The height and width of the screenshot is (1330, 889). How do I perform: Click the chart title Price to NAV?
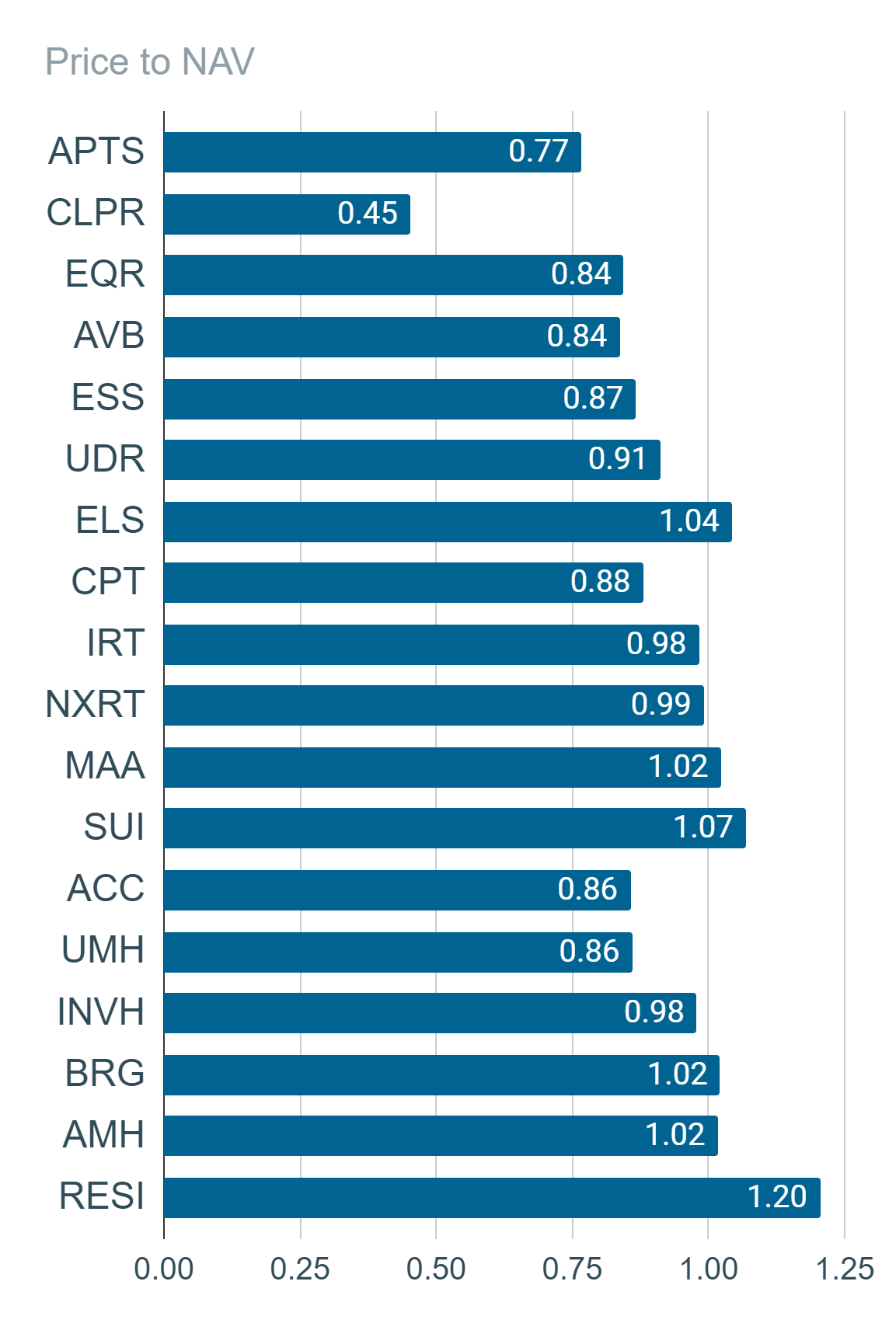(x=150, y=61)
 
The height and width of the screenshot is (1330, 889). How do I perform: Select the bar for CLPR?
(x=287, y=214)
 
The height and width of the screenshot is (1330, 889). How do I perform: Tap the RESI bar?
(x=493, y=1198)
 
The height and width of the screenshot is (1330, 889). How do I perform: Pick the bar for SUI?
(x=455, y=828)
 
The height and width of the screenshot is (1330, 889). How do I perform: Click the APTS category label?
(x=96, y=151)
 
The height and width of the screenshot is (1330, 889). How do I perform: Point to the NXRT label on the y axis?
(x=95, y=704)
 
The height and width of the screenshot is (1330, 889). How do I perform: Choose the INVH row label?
(x=101, y=1011)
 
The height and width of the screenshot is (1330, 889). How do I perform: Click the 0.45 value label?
(x=368, y=213)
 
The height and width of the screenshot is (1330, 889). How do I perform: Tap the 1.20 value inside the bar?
(x=777, y=1196)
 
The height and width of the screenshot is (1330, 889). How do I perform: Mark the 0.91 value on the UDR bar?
(x=617, y=459)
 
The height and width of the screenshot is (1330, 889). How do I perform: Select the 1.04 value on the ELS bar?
(x=689, y=521)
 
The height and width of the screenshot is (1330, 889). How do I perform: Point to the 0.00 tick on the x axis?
(x=164, y=1269)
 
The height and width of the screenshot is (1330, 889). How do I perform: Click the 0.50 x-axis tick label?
(x=436, y=1269)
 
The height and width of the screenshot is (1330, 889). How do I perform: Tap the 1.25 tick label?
(x=845, y=1269)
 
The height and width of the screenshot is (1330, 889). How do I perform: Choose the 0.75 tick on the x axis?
(x=572, y=1269)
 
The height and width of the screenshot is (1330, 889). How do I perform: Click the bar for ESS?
(x=399, y=399)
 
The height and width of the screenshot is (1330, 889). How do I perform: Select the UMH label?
(x=103, y=950)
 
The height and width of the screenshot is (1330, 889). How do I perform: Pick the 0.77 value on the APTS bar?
(x=539, y=151)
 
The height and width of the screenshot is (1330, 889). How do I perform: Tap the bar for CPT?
(x=404, y=583)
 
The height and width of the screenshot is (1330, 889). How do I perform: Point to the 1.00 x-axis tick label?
(x=708, y=1269)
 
